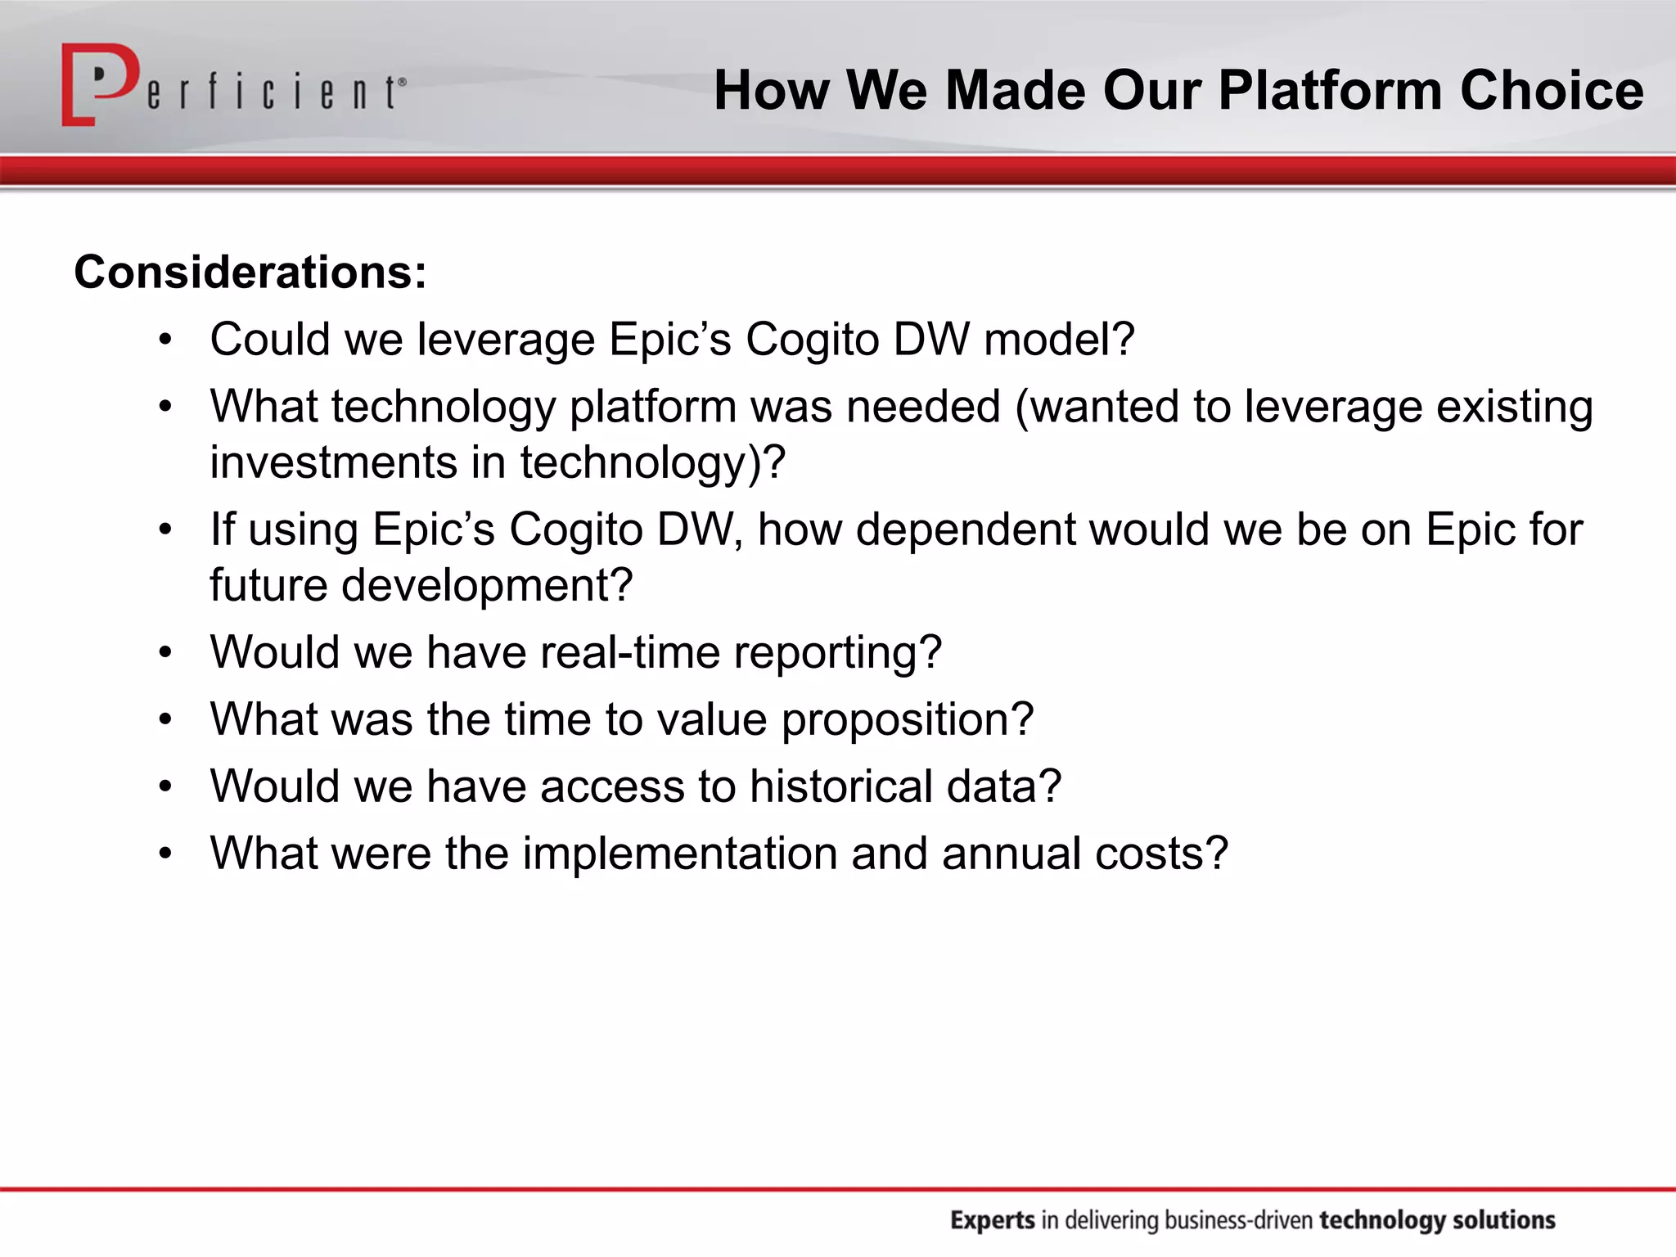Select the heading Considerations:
coord(250,273)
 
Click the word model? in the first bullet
coord(1059,340)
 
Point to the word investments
coord(332,462)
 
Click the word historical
coord(840,786)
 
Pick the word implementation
coord(679,854)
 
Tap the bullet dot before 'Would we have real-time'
coord(166,653)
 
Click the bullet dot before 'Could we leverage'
coord(166,340)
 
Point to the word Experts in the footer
coord(993,1220)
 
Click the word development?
coord(487,586)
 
